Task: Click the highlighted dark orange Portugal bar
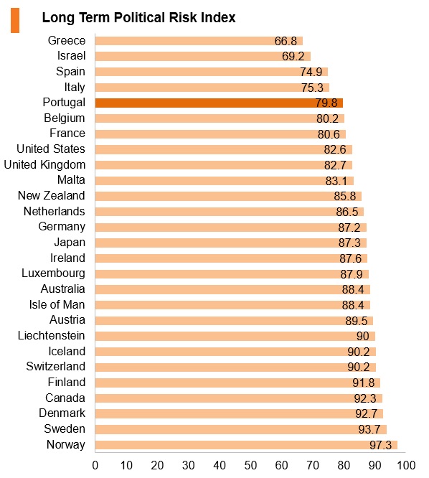(x=219, y=103)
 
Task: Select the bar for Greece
(x=199, y=40)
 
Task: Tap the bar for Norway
(x=246, y=445)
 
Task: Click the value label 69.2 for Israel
(x=293, y=56)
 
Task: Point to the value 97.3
(x=380, y=445)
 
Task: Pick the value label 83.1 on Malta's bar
(x=336, y=181)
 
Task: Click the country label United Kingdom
(x=44, y=164)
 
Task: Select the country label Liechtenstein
(x=51, y=335)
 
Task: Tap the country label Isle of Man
(x=57, y=304)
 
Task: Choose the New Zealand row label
(x=51, y=195)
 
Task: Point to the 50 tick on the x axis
(x=250, y=465)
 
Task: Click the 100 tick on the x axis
(x=406, y=465)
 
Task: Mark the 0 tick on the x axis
(x=95, y=465)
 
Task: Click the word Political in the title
(x=140, y=17)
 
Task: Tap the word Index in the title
(x=218, y=17)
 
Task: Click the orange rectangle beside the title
(x=15, y=20)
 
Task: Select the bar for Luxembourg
(x=232, y=273)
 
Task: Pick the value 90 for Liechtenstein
(x=362, y=336)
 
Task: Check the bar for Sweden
(x=241, y=429)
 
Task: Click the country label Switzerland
(x=55, y=367)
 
